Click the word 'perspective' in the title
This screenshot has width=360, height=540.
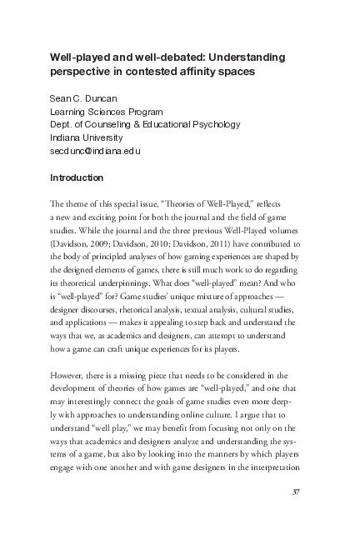(x=81, y=72)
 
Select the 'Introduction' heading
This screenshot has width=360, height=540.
(x=77, y=177)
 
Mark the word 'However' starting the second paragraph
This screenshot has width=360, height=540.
(x=68, y=377)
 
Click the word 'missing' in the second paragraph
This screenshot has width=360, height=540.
(x=143, y=377)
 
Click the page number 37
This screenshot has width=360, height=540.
(x=294, y=492)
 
